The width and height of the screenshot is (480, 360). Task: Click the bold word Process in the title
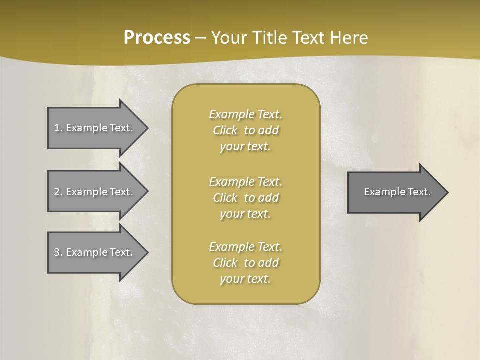click(x=157, y=38)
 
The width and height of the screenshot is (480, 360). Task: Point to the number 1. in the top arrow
click(x=58, y=128)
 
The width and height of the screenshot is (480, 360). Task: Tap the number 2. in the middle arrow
click(x=58, y=192)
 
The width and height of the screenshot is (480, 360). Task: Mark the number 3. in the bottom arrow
click(x=58, y=252)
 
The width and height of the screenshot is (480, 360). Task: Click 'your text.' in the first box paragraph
click(x=245, y=147)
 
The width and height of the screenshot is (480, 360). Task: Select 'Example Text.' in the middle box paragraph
click(x=245, y=181)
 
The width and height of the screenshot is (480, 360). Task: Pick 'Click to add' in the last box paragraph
click(x=245, y=263)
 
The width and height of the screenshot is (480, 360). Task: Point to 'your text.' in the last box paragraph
click(x=245, y=279)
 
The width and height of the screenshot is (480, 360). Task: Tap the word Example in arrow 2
click(x=85, y=192)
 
